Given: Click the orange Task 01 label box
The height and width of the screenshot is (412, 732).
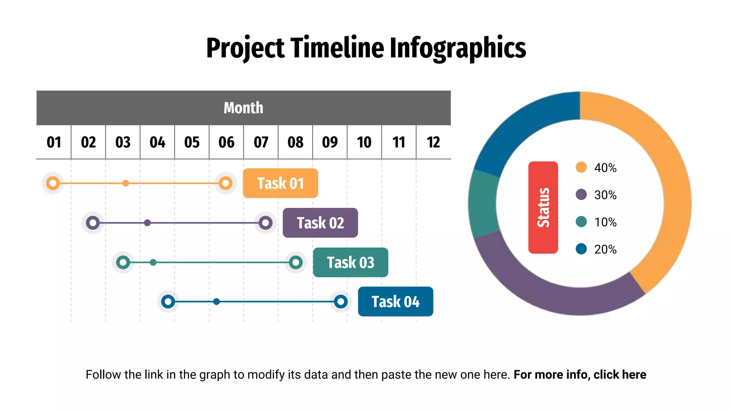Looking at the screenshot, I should click(280, 183).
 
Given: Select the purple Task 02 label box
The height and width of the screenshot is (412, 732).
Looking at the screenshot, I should click(320, 223).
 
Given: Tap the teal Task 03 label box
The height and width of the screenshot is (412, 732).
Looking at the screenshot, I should click(350, 263).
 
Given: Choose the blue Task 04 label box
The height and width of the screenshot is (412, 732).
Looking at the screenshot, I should click(395, 301).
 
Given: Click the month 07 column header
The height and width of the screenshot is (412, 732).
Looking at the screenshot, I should click(261, 142).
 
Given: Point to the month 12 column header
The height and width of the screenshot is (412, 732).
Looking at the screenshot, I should click(433, 142).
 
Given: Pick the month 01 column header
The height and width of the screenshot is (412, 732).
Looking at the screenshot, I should click(54, 142).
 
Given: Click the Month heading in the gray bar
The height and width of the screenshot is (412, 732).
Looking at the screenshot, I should click(243, 108).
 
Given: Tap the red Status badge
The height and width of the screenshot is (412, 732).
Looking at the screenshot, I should click(543, 207).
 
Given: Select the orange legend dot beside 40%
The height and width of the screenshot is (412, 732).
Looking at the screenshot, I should click(581, 167).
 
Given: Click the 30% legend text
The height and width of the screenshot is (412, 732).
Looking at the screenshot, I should click(605, 195).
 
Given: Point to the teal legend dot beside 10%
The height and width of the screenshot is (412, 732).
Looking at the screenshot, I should click(581, 222).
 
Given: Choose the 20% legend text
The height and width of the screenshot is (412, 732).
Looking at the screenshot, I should click(605, 249).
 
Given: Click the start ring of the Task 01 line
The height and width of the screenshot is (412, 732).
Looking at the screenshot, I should click(53, 183).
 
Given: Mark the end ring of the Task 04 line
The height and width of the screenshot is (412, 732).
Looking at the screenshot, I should click(341, 301).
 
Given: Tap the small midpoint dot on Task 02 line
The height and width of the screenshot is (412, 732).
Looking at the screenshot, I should click(147, 223).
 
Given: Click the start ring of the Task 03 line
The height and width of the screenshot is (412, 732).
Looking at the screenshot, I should click(123, 263).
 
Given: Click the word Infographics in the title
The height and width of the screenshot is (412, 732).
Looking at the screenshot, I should click(457, 48).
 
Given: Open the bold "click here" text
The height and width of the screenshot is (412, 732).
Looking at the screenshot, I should click(620, 374).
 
